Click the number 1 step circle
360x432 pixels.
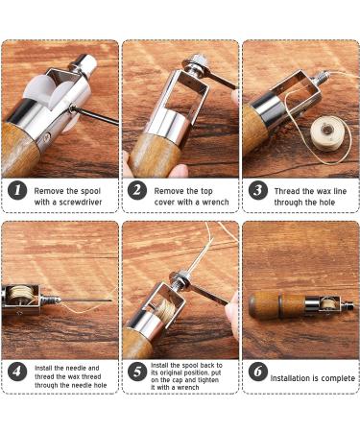pos(18,190)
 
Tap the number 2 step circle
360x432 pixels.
pos(138,190)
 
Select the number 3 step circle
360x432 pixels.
pos(257,190)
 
